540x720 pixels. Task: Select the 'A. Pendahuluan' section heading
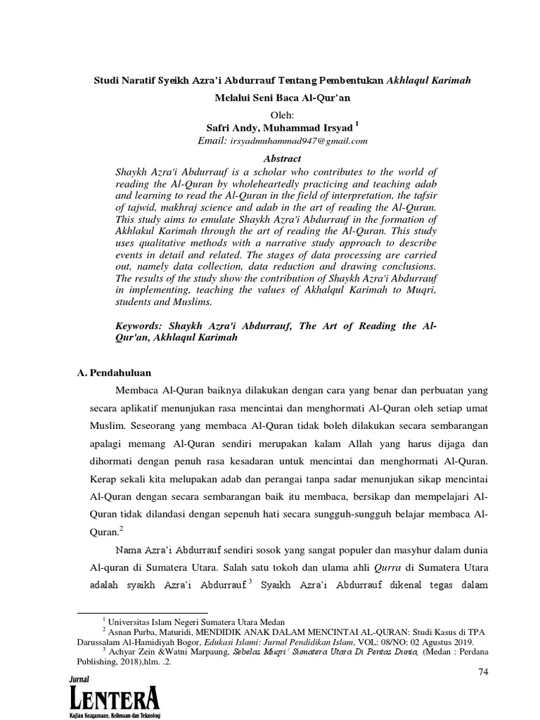[x=115, y=372]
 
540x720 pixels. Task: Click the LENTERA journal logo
[x=115, y=698]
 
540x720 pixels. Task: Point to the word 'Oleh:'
[x=285, y=114]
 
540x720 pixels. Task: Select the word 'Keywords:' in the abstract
[x=142, y=326]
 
